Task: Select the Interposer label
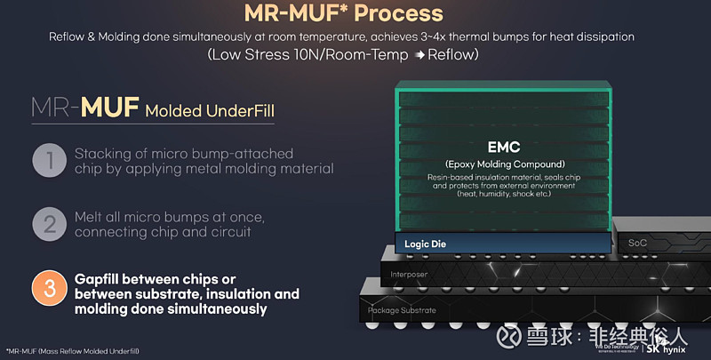coord(410,275)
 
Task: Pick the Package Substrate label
coord(404,310)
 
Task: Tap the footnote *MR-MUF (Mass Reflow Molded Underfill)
coord(72,351)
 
